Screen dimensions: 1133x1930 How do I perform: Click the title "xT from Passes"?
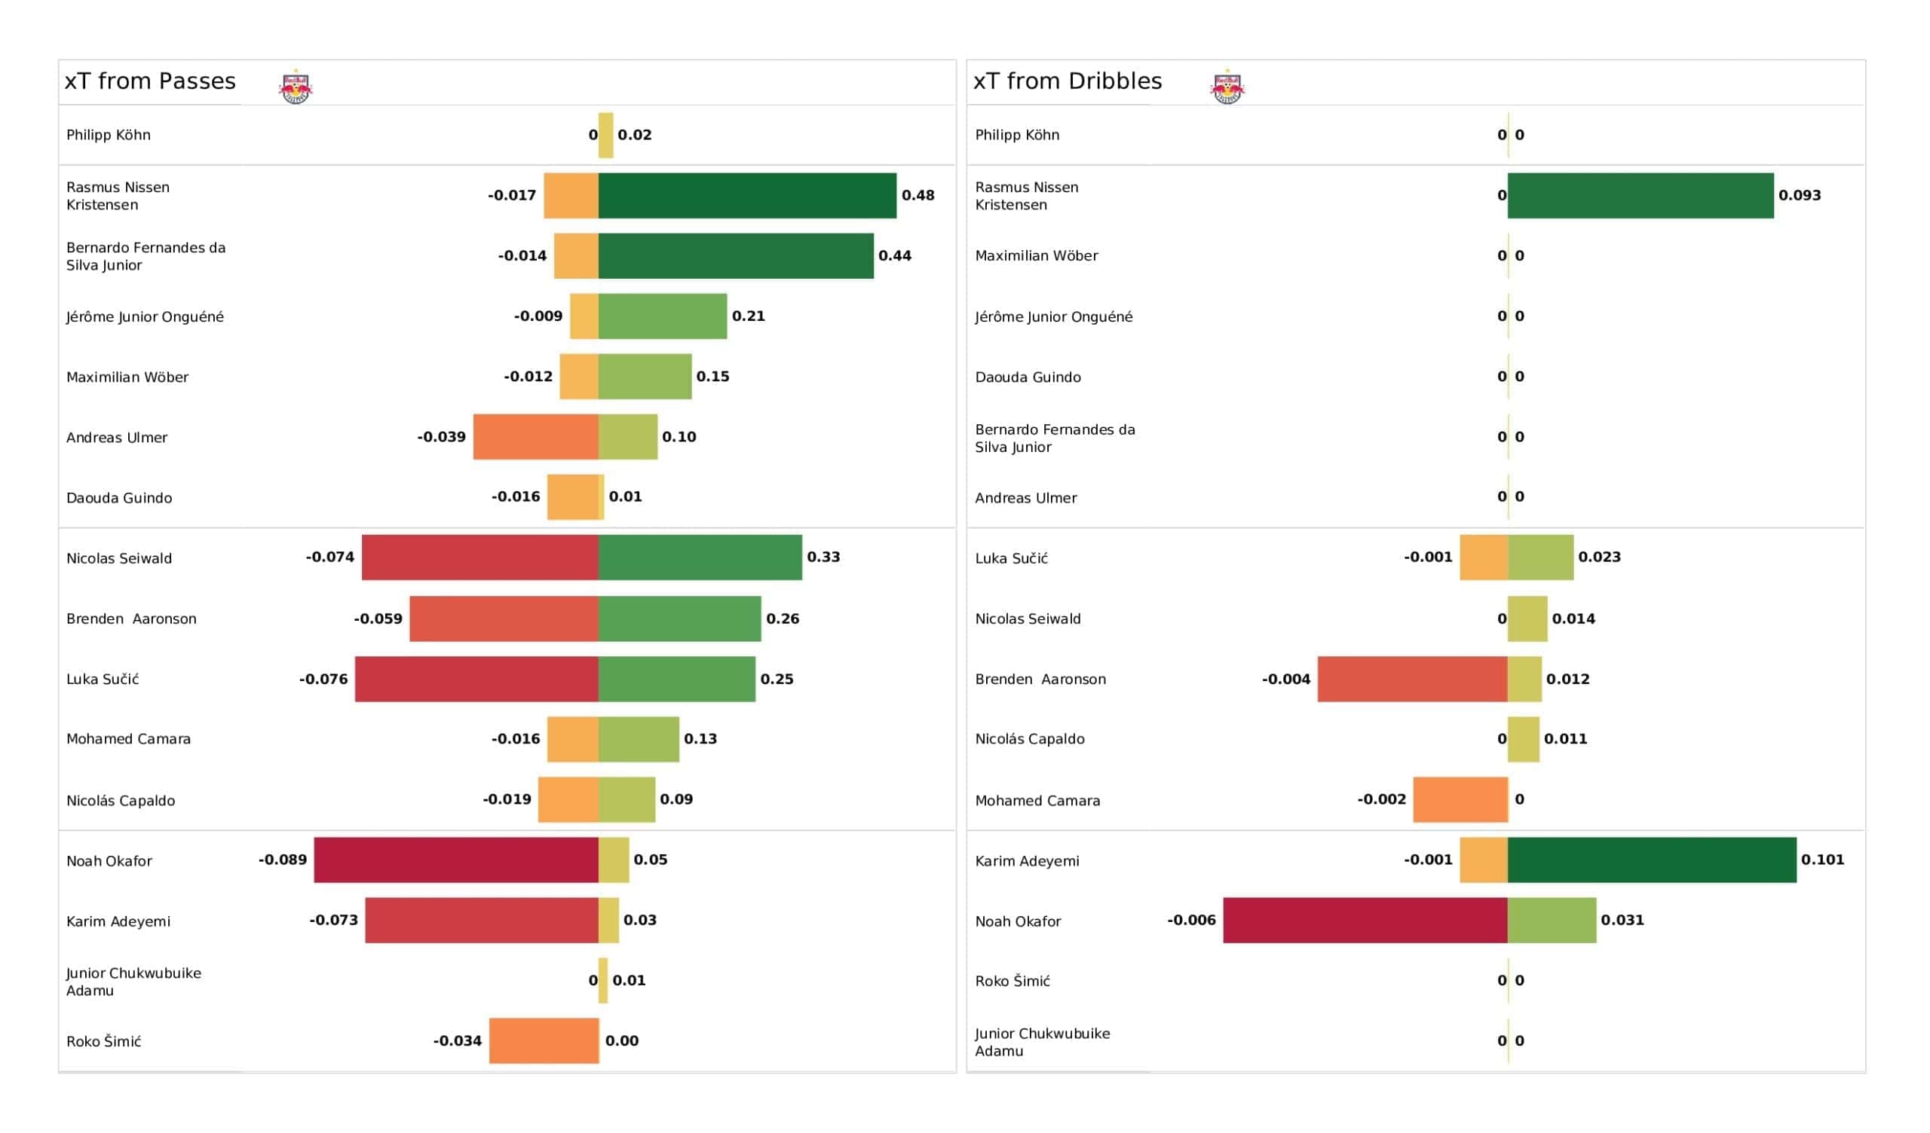(x=150, y=81)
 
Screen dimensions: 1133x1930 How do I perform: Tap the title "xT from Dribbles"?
(x=1067, y=81)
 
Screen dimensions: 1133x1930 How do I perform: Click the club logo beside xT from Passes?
(x=296, y=87)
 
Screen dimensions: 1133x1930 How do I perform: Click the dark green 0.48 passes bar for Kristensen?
(x=746, y=195)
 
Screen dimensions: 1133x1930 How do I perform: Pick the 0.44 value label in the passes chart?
(x=895, y=255)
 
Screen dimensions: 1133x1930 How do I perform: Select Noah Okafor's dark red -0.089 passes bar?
(x=455, y=860)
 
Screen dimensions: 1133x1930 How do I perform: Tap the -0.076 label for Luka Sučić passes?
(x=323, y=679)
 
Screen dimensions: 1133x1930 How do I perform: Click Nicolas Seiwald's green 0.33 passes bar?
(x=700, y=557)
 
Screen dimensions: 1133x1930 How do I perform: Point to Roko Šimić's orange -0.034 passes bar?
(x=544, y=1040)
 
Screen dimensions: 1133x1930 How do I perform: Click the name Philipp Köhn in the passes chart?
(x=108, y=135)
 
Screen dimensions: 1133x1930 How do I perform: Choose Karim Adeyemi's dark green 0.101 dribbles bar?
(x=1651, y=860)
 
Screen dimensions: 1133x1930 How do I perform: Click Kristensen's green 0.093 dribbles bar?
(x=1640, y=195)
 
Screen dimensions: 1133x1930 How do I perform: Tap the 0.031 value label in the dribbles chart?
(x=1622, y=920)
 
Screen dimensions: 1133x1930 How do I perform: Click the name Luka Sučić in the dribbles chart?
(x=1011, y=559)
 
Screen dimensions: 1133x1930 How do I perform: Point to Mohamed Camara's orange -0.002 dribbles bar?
(x=1460, y=799)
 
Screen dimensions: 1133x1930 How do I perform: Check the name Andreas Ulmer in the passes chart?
(x=116, y=438)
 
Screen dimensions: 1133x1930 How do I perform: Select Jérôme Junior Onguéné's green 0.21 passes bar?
(x=663, y=316)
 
